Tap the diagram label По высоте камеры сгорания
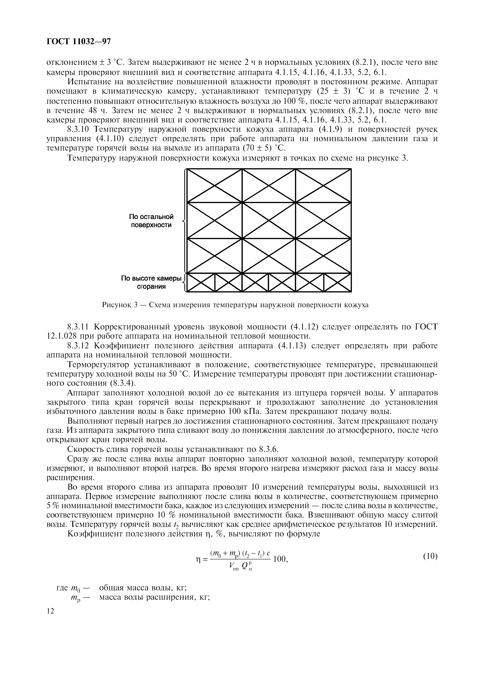tap(151, 282)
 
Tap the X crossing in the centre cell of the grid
tap(269, 220)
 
